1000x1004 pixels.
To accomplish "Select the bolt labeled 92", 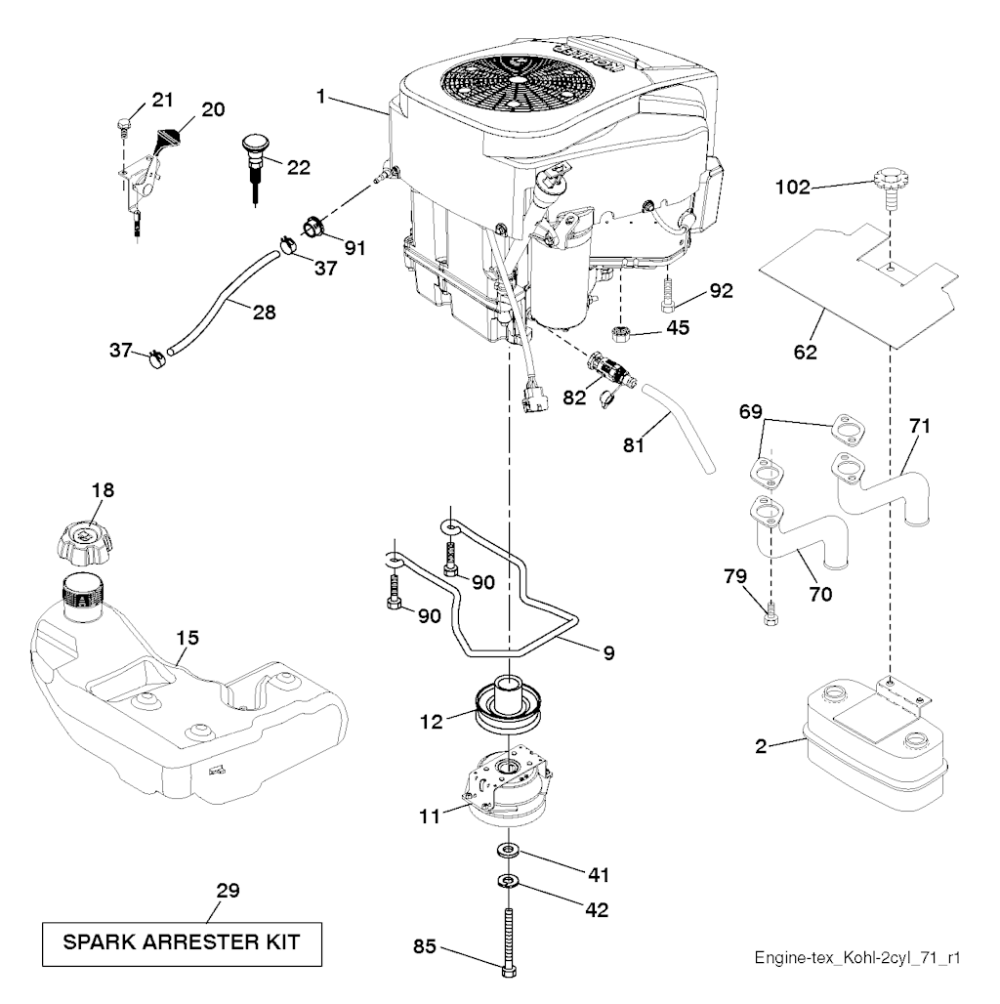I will (x=668, y=290).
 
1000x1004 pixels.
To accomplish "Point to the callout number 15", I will (x=187, y=638).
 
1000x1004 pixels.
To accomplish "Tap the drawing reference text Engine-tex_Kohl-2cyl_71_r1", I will (x=856, y=958).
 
